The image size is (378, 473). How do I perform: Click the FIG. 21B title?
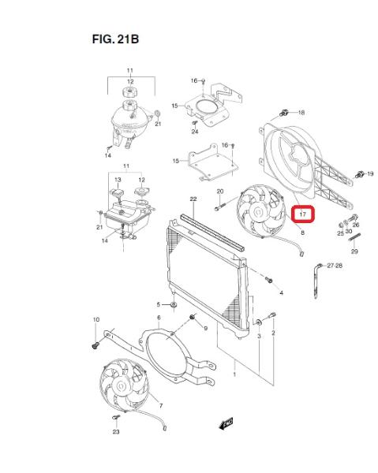[115, 39]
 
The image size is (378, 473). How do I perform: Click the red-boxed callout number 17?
[303, 214]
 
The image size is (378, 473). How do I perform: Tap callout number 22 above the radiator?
[193, 199]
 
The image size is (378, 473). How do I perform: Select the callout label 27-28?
[335, 266]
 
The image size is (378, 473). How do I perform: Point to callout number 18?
[301, 113]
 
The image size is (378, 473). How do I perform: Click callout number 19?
[370, 173]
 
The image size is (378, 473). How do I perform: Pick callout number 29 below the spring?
[354, 251]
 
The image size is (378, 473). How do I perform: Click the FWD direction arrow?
[226, 423]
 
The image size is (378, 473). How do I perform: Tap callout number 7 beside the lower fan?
[161, 406]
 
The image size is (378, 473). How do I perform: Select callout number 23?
[116, 432]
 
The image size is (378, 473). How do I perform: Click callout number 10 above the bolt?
[96, 319]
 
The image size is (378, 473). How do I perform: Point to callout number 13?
[118, 180]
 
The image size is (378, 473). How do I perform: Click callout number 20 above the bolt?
[220, 192]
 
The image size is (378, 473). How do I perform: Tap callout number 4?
[282, 292]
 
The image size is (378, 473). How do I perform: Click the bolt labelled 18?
[283, 113]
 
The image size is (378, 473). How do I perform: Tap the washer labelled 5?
[174, 305]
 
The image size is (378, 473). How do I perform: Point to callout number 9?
[206, 328]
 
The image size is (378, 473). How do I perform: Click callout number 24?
[195, 132]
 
